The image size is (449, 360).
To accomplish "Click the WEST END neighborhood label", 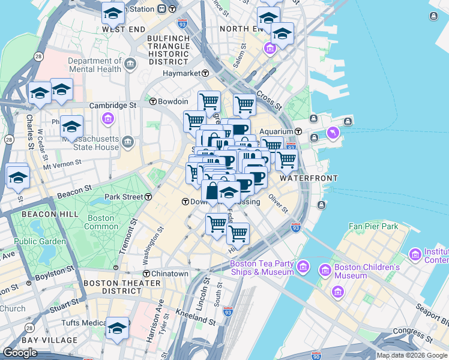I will pos(124,29).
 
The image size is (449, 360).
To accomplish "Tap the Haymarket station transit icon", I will pos(205,73).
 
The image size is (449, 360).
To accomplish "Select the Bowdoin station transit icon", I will pos(153,101).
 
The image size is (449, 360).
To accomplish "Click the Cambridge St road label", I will pos(113,106).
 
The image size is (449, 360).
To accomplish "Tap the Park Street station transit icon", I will pos(148,197).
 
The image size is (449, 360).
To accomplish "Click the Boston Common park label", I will pos(101,222).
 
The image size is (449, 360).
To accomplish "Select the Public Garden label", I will pos(40,242).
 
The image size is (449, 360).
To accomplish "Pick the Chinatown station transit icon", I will pos(145,274).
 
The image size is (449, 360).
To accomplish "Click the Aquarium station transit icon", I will pos(298,131).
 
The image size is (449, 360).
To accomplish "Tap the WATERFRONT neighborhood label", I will pos(308,178).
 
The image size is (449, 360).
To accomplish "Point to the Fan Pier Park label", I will pos(373,227).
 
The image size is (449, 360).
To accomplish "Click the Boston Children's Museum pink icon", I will pos(338,291).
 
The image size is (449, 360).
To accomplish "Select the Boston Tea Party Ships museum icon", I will pos(303,265).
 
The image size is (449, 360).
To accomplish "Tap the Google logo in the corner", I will pos(21,352).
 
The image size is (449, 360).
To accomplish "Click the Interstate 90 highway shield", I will pos(316,356).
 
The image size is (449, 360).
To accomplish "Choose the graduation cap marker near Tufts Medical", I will pos(118,328).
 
